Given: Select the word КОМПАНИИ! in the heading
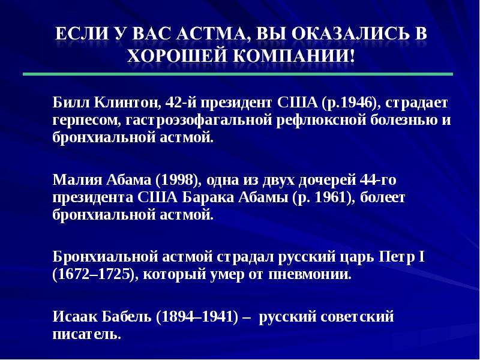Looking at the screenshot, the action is click(294, 56).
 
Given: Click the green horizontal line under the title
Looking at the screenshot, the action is click(238, 74).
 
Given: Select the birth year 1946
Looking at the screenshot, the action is click(356, 103).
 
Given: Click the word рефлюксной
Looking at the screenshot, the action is click(322, 120).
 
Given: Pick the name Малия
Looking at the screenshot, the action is click(77, 179).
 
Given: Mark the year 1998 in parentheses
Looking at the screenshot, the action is click(176, 179).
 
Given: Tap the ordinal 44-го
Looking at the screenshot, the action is click(378, 179).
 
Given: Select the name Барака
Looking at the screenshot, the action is click(208, 197).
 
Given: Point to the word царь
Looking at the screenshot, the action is click(357, 257).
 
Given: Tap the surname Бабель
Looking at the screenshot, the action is click(127, 316).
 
